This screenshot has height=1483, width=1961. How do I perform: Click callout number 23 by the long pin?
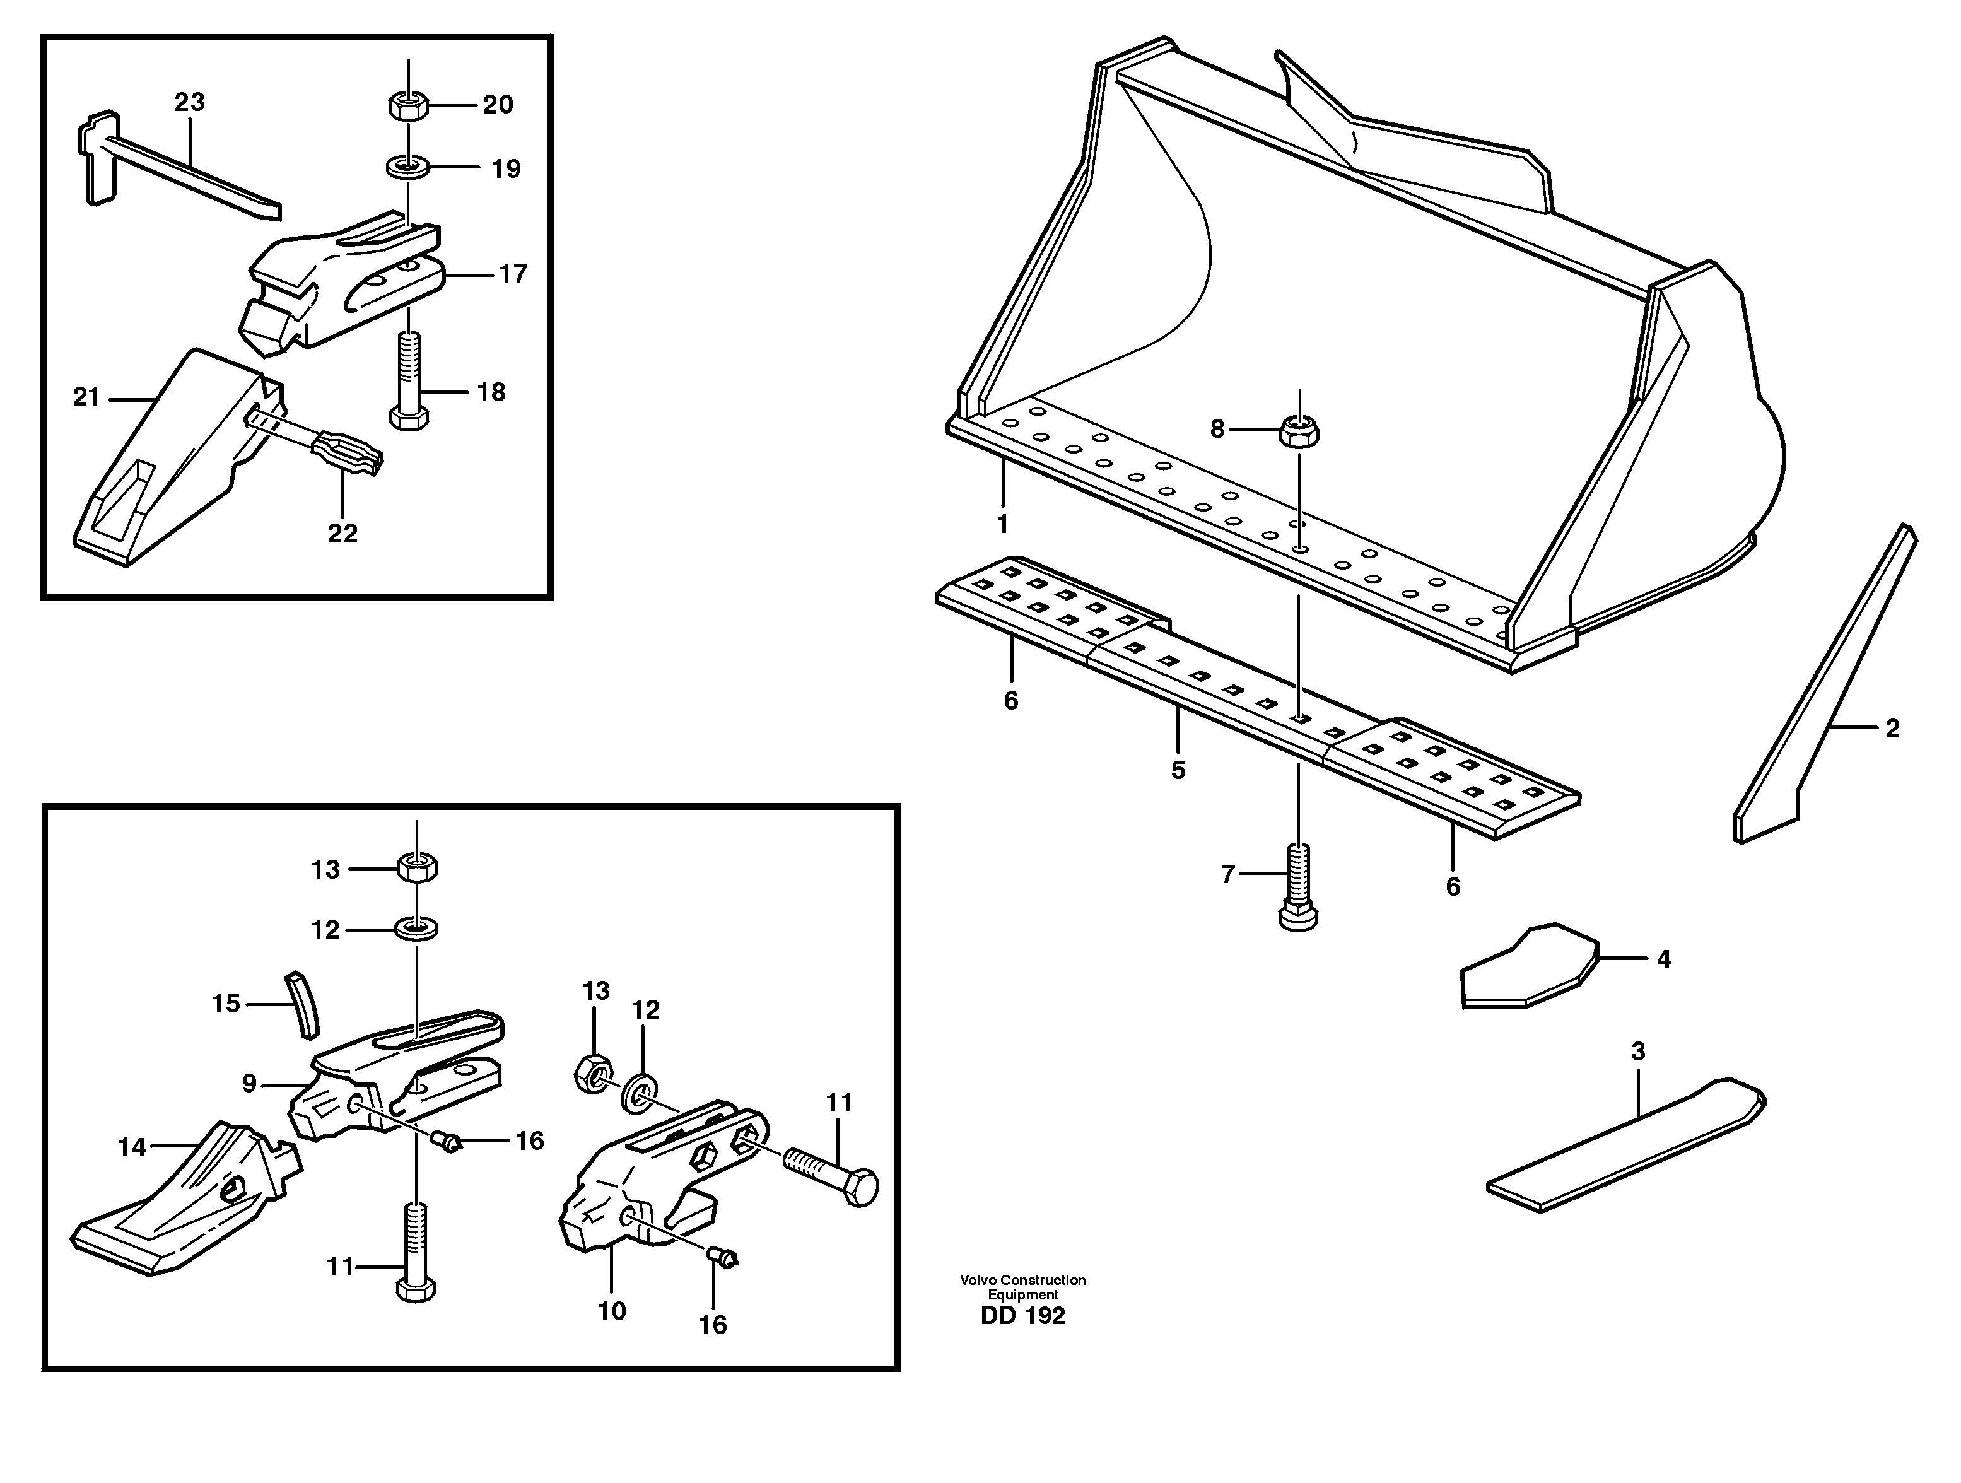tap(189, 103)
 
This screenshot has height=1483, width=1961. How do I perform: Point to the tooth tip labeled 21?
tap(168, 461)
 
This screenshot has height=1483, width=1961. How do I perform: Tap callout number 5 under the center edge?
tap(1178, 770)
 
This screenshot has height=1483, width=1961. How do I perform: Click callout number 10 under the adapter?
tap(612, 1311)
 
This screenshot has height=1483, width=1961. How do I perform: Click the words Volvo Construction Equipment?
tap(1022, 1287)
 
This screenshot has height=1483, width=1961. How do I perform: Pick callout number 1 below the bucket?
tap(1003, 525)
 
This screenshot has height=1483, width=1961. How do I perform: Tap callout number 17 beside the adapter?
tap(512, 274)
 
